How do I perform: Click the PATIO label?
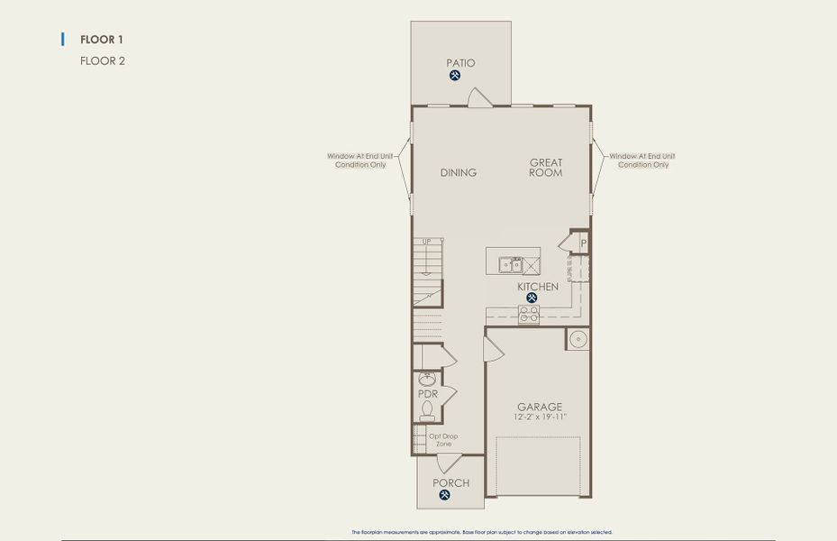pyautogui.click(x=460, y=63)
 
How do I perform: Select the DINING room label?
pyautogui.click(x=459, y=172)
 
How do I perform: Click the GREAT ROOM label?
pyautogui.click(x=546, y=168)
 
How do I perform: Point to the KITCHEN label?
pyautogui.click(x=538, y=287)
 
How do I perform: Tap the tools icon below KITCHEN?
pyautogui.click(x=532, y=298)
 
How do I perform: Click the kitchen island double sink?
pyautogui.click(x=512, y=264)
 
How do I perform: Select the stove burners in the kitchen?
pyautogui.click(x=529, y=315)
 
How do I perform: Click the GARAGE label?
pyautogui.click(x=540, y=407)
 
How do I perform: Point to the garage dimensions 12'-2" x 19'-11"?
pyautogui.click(x=540, y=417)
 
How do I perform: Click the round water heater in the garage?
pyautogui.click(x=578, y=339)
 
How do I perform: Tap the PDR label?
pyautogui.click(x=427, y=394)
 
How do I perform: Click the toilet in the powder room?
pyautogui.click(x=427, y=411)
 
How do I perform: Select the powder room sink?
pyautogui.click(x=427, y=380)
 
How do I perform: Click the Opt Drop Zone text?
pyautogui.click(x=443, y=440)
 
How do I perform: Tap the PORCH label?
pyautogui.click(x=451, y=483)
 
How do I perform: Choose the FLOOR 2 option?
pyautogui.click(x=103, y=61)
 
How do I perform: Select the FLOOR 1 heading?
pyautogui.click(x=102, y=40)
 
